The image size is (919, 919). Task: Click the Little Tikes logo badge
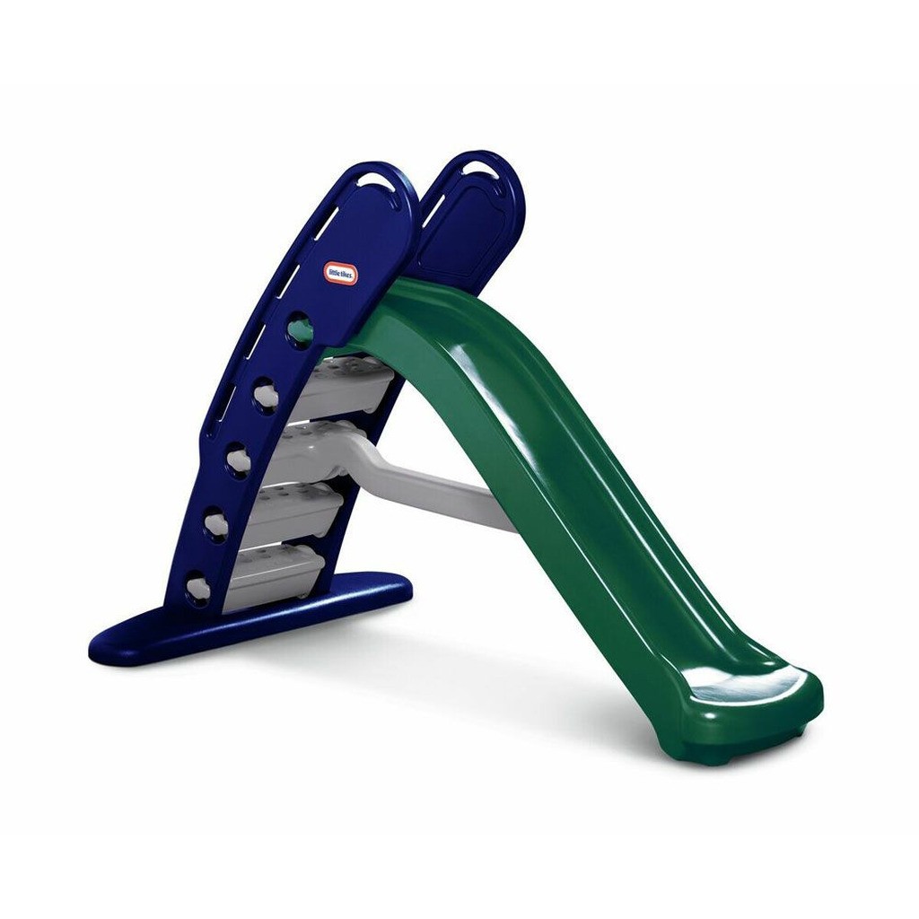tap(341, 268)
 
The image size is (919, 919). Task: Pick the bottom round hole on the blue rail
tap(197, 588)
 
